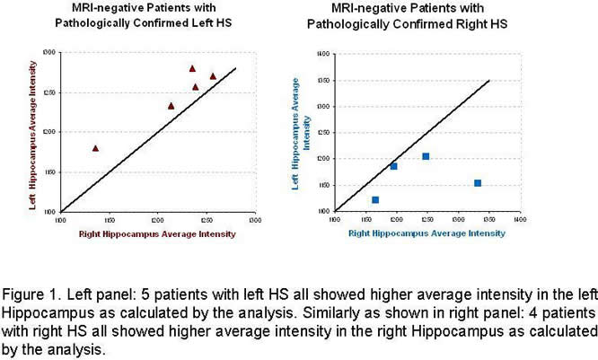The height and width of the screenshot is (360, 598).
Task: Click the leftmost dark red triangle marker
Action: pyautogui.click(x=95, y=148)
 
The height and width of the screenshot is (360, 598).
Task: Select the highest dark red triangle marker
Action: pyautogui.click(x=192, y=68)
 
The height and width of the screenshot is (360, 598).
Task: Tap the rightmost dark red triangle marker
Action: pyautogui.click(x=213, y=76)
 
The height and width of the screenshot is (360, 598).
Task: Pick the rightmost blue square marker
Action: pyautogui.click(x=478, y=183)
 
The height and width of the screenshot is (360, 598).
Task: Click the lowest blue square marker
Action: pyautogui.click(x=375, y=199)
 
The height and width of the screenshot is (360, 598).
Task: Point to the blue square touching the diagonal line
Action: pyautogui.click(x=393, y=166)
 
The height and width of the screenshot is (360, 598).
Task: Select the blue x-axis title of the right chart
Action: pyautogui.click(x=427, y=233)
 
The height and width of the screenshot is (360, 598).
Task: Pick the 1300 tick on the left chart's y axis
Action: pyautogui.click(x=52, y=54)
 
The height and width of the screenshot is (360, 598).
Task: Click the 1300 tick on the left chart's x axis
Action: pyautogui.click(x=255, y=218)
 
